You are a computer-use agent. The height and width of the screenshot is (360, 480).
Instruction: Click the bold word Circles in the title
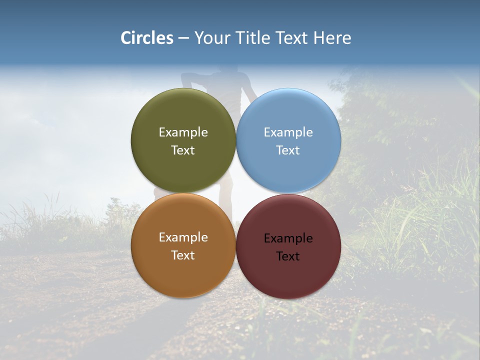click(x=146, y=38)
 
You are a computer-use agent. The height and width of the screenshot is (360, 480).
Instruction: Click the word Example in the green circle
click(x=183, y=132)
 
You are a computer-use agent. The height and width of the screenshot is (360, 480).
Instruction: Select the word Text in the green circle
click(x=183, y=150)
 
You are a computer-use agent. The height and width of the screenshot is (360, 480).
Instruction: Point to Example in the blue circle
click(x=288, y=132)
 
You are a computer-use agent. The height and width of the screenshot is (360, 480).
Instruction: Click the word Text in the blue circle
click(x=288, y=150)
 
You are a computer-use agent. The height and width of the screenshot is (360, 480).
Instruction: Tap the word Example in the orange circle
click(x=183, y=237)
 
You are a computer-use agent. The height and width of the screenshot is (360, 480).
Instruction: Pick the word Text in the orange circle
click(x=183, y=255)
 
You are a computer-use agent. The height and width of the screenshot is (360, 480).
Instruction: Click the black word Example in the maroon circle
click(x=288, y=238)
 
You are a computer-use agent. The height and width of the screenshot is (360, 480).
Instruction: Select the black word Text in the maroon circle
click(x=288, y=256)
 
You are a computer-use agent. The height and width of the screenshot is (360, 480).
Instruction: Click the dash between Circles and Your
click(x=183, y=38)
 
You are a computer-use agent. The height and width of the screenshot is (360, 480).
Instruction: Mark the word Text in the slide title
click(x=292, y=38)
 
